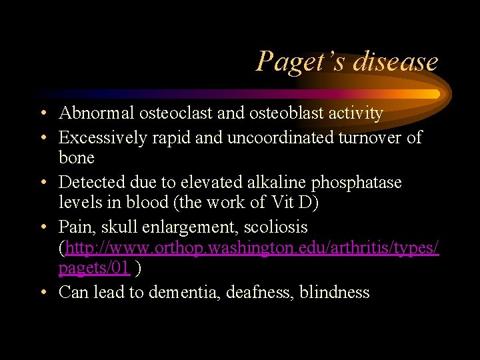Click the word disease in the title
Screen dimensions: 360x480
click(x=396, y=62)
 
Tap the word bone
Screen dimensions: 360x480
click(x=77, y=158)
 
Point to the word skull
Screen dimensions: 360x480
click(x=122, y=227)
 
